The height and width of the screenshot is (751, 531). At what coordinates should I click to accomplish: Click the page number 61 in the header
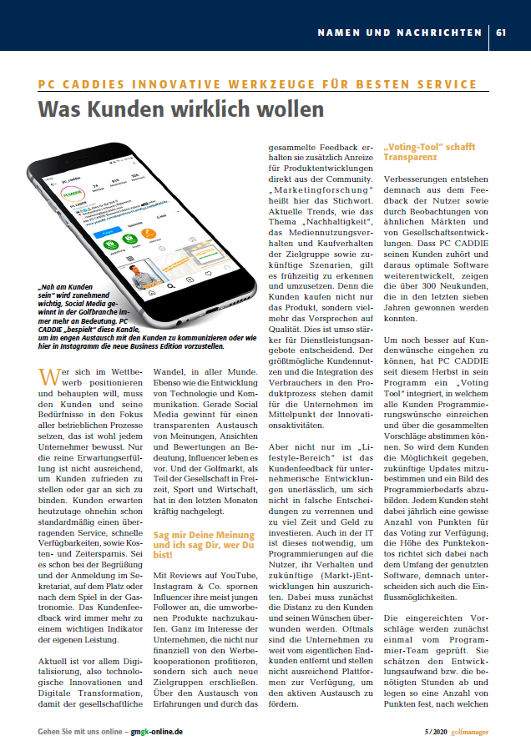click(x=501, y=33)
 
